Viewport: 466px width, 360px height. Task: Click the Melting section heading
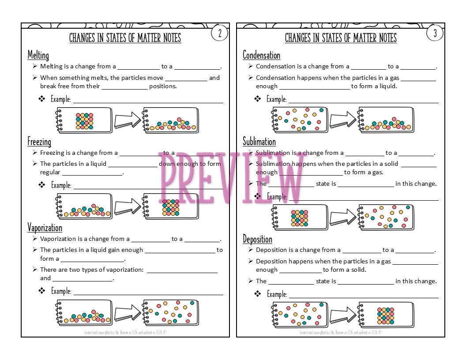click(x=38, y=55)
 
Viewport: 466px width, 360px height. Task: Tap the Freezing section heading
click(x=39, y=142)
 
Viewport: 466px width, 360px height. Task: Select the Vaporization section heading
click(x=45, y=228)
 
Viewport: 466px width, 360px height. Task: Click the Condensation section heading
click(x=261, y=55)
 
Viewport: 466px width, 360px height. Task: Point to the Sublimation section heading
click(x=259, y=142)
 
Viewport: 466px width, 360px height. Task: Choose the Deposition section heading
click(x=257, y=239)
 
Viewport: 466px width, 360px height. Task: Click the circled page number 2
click(x=219, y=33)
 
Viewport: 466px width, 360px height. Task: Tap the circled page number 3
click(x=435, y=33)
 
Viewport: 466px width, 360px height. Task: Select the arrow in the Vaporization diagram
click(x=127, y=313)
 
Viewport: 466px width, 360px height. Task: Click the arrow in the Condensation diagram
click(x=343, y=120)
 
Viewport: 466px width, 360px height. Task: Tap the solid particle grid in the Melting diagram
click(x=84, y=121)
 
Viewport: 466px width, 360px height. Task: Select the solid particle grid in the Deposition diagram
click(x=386, y=316)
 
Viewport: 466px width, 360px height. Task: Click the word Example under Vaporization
click(x=61, y=291)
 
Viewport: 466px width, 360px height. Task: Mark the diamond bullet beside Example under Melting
click(x=42, y=99)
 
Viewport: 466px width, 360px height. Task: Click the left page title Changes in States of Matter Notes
click(x=125, y=38)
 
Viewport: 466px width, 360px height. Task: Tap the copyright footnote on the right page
click(x=341, y=332)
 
